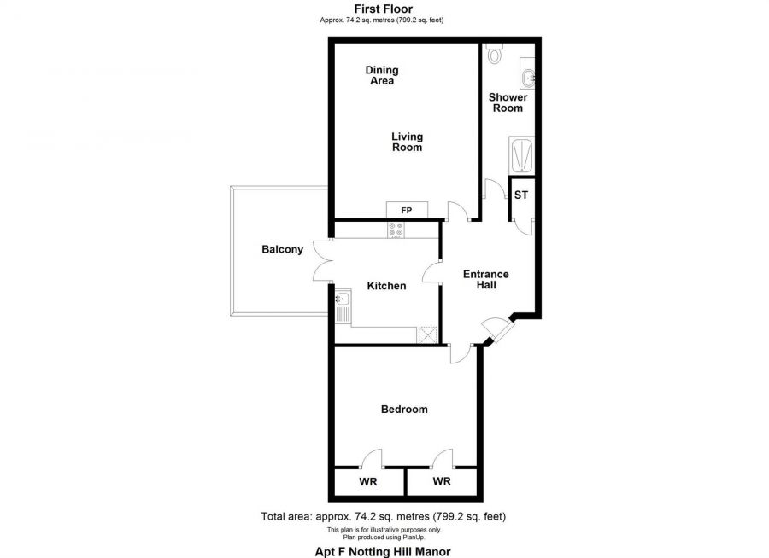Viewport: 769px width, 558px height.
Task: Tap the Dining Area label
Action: (382, 75)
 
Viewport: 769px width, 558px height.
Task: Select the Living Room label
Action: (407, 142)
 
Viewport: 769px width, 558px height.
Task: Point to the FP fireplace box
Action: (407, 209)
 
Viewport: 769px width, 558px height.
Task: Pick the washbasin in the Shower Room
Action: (528, 78)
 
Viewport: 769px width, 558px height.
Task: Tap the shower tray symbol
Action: (521, 154)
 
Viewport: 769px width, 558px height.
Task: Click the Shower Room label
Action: (508, 102)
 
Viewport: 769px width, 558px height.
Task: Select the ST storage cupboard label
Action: (521, 195)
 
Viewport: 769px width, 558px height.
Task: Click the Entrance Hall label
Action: (485, 279)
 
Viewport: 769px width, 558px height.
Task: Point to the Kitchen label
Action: (386, 286)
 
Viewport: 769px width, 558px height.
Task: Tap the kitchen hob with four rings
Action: (397, 230)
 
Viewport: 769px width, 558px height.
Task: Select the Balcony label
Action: (282, 250)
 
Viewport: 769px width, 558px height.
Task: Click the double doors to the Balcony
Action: (323, 260)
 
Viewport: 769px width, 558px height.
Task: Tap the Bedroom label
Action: (403, 410)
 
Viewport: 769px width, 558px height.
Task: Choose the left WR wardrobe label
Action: (368, 482)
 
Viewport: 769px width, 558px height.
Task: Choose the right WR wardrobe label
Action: (441, 482)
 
